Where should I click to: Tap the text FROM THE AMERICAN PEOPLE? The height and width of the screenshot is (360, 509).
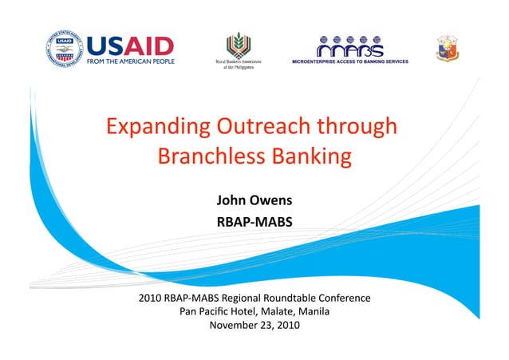click(x=132, y=61)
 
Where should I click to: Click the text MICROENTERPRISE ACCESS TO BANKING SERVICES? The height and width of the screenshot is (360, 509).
click(x=350, y=61)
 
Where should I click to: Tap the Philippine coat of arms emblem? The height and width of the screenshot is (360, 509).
click(x=447, y=48)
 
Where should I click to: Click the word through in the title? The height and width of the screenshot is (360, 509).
click(x=356, y=127)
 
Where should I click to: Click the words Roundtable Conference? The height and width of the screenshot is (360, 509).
click(x=316, y=298)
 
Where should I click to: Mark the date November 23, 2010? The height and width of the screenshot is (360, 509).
click(x=254, y=325)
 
